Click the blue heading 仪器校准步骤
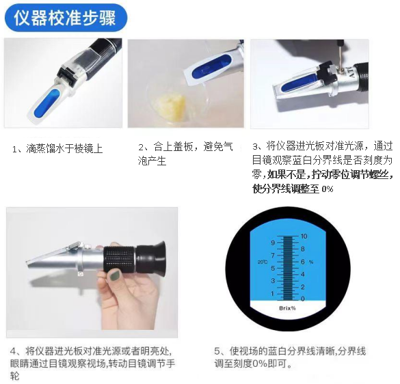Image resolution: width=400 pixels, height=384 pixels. (x=65, y=18)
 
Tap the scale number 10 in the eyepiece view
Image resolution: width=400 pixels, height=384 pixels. (x=304, y=236)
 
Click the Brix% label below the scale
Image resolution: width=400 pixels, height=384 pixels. (x=287, y=308)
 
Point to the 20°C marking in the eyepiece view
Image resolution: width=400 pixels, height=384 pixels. (x=263, y=262)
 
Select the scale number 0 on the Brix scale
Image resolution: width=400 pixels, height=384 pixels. (x=303, y=299)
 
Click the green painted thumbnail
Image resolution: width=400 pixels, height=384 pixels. (x=116, y=276)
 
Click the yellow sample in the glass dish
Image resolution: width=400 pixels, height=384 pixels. (x=172, y=105)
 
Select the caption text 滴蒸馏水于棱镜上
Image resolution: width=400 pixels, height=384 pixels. (x=64, y=149)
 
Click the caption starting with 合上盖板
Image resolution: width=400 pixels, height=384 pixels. (x=185, y=154)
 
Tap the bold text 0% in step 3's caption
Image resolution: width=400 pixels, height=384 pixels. (x=328, y=189)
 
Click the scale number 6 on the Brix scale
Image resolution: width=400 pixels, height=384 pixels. (x=303, y=262)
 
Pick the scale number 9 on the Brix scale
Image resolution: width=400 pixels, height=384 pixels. (x=273, y=243)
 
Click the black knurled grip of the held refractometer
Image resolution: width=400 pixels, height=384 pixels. (x=119, y=258)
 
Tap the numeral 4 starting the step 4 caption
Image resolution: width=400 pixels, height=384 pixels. (x=13, y=352)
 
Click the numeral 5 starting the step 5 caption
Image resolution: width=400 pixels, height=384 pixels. (x=217, y=352)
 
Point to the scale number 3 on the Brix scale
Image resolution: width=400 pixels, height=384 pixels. (x=273, y=281)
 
